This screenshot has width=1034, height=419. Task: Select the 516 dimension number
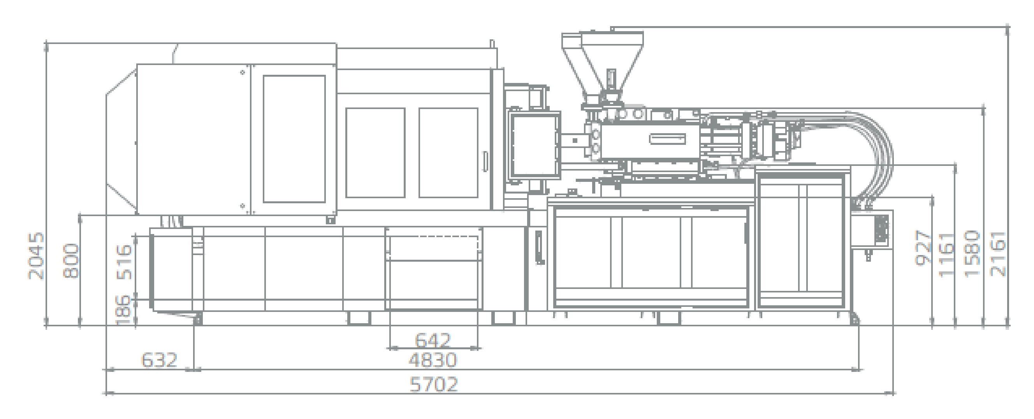pyautogui.click(x=124, y=262)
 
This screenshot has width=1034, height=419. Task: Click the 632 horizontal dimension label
pyautogui.click(x=159, y=360)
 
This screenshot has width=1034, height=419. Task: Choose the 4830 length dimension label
pyautogui.click(x=433, y=360)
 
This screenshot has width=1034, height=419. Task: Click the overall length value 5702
pyautogui.click(x=434, y=384)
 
